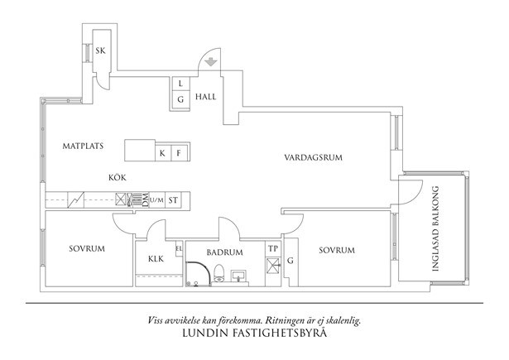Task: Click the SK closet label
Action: [100, 50]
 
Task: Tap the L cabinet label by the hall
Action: [180, 83]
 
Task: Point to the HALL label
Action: [206, 97]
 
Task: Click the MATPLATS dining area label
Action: [82, 146]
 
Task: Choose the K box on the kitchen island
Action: [163, 153]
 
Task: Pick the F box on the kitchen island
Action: [178, 153]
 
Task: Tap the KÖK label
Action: [117, 177]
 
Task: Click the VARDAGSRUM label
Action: [313, 156]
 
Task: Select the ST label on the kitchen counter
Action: [174, 200]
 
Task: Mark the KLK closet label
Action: [156, 259]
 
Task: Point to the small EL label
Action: [179, 247]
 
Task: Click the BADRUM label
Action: [224, 252]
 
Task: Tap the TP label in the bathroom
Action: [273, 248]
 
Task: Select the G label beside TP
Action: [291, 262]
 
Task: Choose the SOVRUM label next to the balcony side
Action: [337, 250]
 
